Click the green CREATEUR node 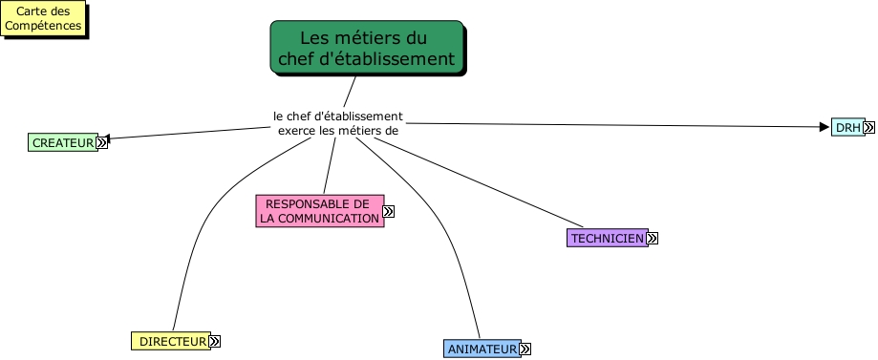61,143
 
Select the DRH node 846,127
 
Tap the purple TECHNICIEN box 607,238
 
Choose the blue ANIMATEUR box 482,349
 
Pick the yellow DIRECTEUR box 169,341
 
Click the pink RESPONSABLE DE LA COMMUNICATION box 319,211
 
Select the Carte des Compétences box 43,19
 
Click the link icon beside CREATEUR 102,143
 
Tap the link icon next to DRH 869,127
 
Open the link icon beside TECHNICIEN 653,238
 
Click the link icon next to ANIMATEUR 525,349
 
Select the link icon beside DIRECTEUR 215,341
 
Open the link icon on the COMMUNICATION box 389,211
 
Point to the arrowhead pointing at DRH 824,126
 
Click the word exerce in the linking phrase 297,131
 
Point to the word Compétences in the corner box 43,26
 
